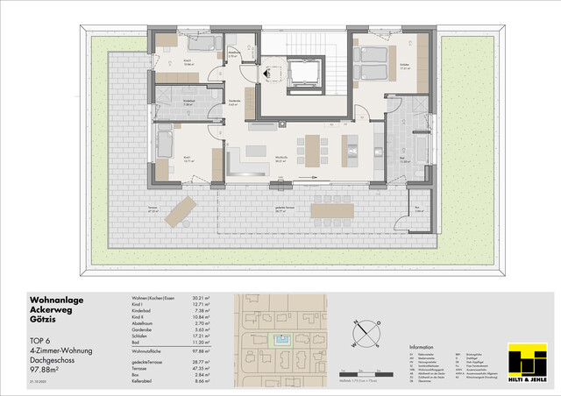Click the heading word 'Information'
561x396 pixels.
(422, 347)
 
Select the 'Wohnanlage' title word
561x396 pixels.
(55, 301)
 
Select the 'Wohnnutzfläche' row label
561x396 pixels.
(140, 349)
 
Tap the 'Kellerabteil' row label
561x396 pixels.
(137, 384)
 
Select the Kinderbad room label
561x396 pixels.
(188, 101)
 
